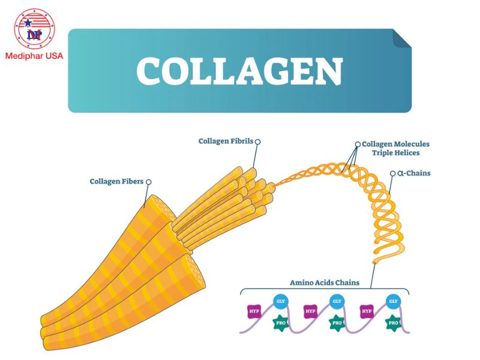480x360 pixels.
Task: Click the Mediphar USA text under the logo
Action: (34, 57)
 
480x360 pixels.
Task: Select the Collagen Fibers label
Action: (116, 181)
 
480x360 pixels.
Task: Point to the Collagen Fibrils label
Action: (226, 142)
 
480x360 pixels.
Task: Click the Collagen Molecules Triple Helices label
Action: (395, 148)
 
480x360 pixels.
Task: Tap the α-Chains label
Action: (414, 173)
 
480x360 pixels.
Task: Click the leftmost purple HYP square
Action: (254, 311)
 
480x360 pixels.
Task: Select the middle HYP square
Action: (310, 311)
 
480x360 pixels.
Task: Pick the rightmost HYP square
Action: (367, 311)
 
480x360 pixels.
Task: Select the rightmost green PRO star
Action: (393, 323)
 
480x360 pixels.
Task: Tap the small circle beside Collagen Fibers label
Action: (148, 181)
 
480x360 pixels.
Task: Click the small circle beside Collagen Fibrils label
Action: (258, 142)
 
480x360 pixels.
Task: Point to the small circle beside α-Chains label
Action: (393, 173)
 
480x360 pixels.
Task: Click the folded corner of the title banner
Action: (402, 38)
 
